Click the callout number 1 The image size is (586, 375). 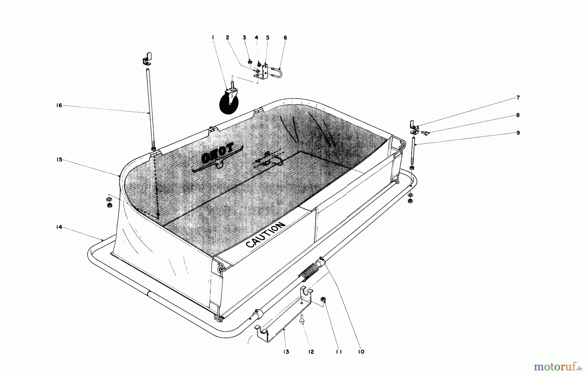[213, 38]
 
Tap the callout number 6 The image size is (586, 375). [286, 38]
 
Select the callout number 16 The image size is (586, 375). [59, 105]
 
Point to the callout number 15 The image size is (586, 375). [59, 160]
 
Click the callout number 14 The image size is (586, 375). [59, 227]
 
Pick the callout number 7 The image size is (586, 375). [518, 98]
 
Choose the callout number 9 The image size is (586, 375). [518, 133]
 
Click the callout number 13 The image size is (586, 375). [286, 352]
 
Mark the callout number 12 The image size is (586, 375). [311, 352]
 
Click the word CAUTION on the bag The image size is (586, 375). [265, 235]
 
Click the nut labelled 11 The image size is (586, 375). [324, 299]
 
